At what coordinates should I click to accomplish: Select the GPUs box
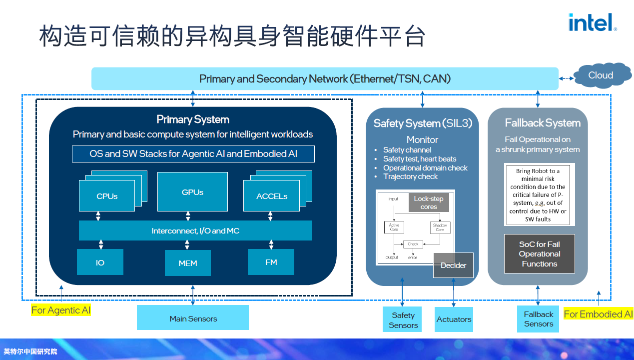click(x=192, y=192)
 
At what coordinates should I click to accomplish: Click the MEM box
click(x=188, y=263)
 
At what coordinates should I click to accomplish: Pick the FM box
click(x=271, y=262)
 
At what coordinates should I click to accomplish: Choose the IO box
click(x=100, y=262)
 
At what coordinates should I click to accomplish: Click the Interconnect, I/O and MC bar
click(x=195, y=230)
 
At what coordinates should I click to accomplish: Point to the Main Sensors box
click(x=193, y=318)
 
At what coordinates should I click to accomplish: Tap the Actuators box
click(x=454, y=319)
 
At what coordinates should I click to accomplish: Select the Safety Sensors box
click(x=403, y=320)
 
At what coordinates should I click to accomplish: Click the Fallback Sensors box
click(x=538, y=319)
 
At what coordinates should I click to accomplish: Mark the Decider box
click(x=453, y=265)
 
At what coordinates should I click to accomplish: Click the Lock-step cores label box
click(x=428, y=202)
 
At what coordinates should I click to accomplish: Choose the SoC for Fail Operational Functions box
click(x=539, y=253)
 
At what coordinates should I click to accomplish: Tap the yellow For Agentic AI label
click(x=61, y=310)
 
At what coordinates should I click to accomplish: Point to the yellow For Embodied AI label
click(x=598, y=314)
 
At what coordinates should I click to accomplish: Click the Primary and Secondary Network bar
click(x=325, y=78)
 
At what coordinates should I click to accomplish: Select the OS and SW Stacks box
click(x=193, y=154)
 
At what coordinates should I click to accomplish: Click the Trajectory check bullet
click(x=410, y=176)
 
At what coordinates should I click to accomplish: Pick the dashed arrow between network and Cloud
click(x=566, y=78)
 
